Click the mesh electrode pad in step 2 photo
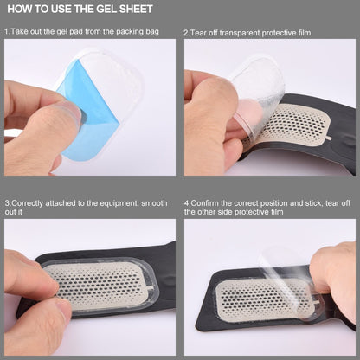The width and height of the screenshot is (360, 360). [294, 130]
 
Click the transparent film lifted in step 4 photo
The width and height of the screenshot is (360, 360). [286, 260]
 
